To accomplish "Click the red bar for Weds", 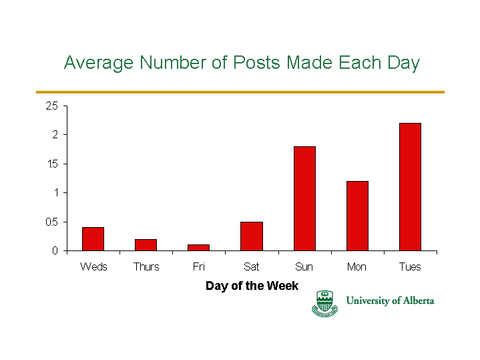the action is (93, 239).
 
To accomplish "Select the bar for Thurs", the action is (146, 245).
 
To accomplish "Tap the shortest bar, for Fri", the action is (198, 248).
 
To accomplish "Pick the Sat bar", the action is (252, 236).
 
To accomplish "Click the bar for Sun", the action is (304, 198).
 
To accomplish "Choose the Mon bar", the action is (357, 216).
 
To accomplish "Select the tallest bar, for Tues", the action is (410, 187).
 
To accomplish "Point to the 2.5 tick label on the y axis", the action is (51, 106).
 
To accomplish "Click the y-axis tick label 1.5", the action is (52, 164).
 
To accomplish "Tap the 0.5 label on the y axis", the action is (51, 222).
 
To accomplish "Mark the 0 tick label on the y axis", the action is (55, 251).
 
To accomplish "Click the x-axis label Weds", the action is (93, 266).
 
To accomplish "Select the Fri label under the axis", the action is (199, 266).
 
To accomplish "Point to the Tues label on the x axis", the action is (410, 266).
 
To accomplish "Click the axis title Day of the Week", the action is (252, 286).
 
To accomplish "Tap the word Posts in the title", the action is (256, 63).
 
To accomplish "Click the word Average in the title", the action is (99, 63).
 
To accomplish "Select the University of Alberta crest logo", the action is (324, 303).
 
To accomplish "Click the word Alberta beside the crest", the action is (419, 301).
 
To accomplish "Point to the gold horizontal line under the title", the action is (240, 92).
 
